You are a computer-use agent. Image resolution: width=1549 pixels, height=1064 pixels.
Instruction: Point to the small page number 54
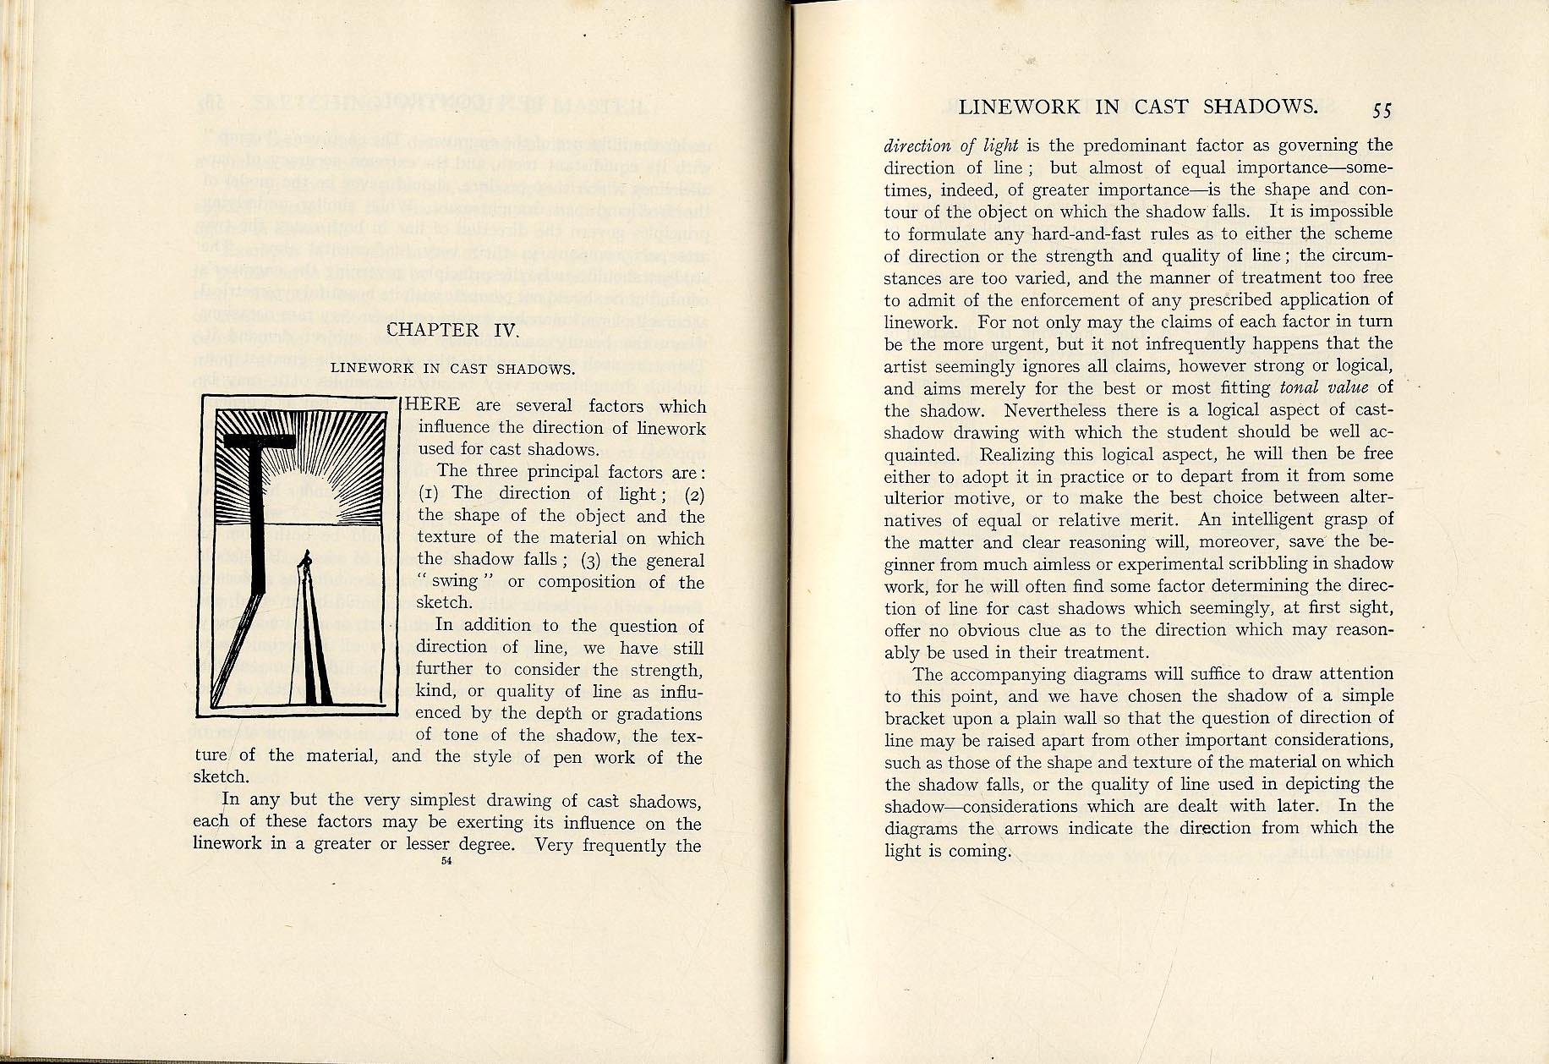[446, 861]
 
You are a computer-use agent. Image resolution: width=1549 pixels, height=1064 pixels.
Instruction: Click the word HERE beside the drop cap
[434, 405]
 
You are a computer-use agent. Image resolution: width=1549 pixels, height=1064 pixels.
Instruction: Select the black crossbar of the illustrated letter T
[260, 440]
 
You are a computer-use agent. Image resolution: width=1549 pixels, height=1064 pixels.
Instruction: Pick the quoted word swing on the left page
[455, 582]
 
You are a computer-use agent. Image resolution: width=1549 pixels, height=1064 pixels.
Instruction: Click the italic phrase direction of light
[951, 145]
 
